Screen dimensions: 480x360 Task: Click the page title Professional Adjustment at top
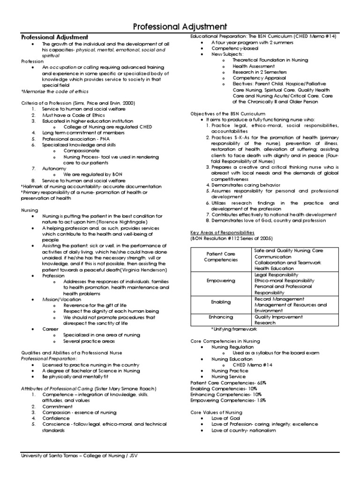(x=180, y=26)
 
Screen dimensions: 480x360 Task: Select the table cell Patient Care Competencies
(x=221, y=256)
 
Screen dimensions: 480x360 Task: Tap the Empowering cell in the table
(x=221, y=281)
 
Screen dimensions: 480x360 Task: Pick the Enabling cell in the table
(x=221, y=302)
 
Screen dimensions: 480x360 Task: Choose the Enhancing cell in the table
(x=221, y=317)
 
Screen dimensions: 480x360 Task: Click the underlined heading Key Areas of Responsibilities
(x=222, y=232)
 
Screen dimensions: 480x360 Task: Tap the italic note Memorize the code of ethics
(x=55, y=91)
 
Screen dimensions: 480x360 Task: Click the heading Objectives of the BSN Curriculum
(x=228, y=114)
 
